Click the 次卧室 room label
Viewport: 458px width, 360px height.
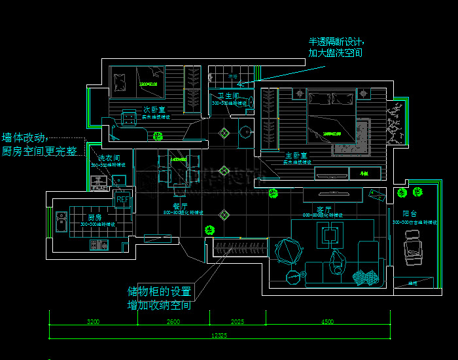point(153,109)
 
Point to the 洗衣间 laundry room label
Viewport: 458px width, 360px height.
point(109,158)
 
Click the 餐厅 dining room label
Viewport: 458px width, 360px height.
point(181,206)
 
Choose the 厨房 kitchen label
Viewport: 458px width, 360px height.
point(95,217)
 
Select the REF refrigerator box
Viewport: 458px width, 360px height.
point(122,199)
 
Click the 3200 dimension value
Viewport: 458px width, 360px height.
point(93,321)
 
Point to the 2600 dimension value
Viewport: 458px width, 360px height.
point(173,321)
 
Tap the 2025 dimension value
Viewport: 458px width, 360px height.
point(237,321)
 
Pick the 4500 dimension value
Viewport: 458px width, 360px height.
point(327,321)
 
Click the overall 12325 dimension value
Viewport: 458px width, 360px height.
point(219,336)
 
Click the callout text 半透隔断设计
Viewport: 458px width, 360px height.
point(336,41)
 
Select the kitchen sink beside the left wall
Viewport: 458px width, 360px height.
point(62,219)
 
